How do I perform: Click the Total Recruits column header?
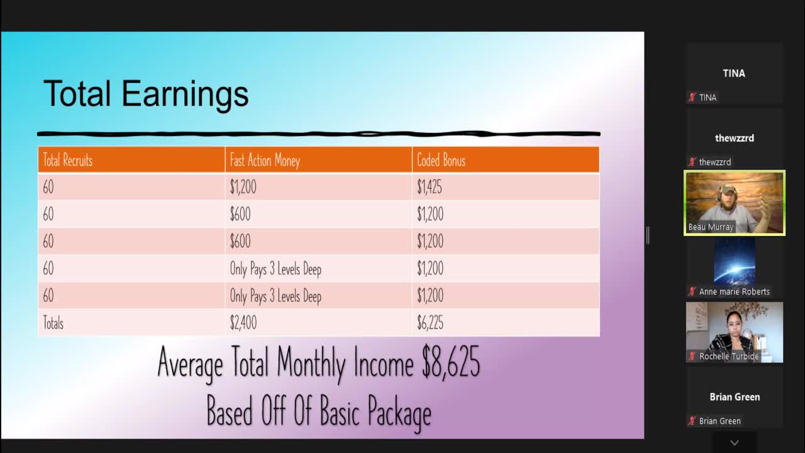(67, 160)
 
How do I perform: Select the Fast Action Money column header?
(265, 160)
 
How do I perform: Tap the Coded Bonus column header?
(441, 160)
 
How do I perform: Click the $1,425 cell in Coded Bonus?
(430, 187)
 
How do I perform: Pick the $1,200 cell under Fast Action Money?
(243, 187)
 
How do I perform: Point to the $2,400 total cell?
(243, 323)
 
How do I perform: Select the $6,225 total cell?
(430, 323)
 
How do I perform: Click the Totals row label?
(53, 323)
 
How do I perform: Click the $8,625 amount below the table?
(450, 363)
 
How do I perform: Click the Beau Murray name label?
(711, 227)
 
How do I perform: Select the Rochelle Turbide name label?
(729, 356)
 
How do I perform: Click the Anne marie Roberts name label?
(734, 291)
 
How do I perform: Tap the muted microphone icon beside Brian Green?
(692, 421)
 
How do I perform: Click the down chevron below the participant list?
(734, 443)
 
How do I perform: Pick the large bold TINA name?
(734, 73)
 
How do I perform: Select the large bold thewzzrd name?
(734, 138)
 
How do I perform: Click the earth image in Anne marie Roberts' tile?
(734, 261)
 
